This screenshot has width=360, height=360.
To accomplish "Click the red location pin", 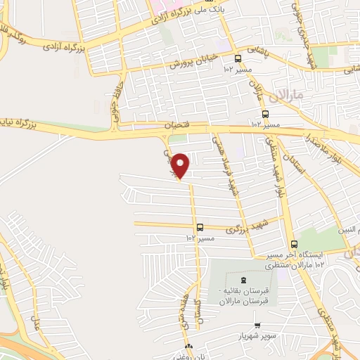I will pos(181,165).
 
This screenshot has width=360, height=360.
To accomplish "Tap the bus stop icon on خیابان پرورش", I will pos(238,59).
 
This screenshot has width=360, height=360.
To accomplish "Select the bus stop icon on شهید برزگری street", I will pos(201,227).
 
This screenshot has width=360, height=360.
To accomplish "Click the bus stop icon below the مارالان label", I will pos(265,114).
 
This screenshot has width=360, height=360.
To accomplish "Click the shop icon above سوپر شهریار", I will pos(257,326).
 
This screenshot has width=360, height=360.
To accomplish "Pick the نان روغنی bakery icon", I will pos(188,347).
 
